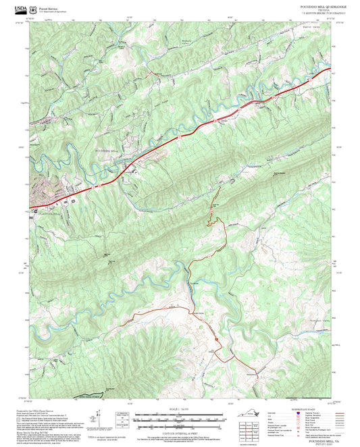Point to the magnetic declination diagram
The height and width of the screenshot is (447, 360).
pos(122,420)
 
